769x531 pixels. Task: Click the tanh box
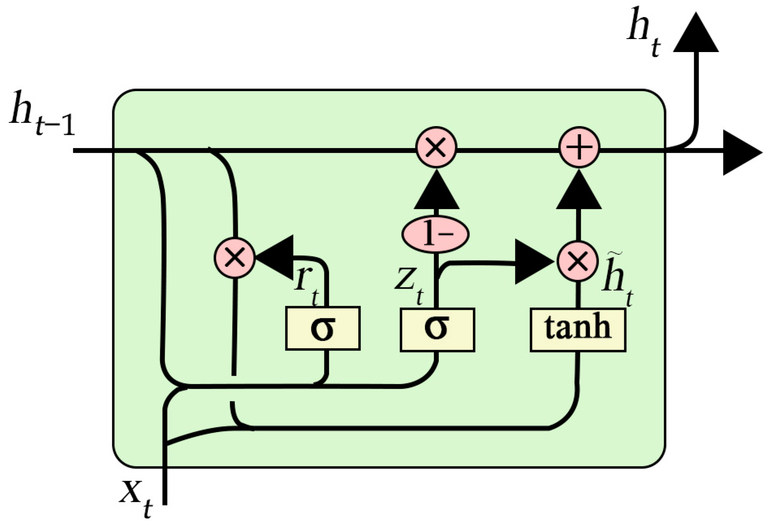pyautogui.click(x=578, y=330)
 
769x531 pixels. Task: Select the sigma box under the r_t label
pyautogui.click(x=323, y=328)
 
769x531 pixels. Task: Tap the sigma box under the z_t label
pyautogui.click(x=437, y=329)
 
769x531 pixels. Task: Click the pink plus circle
pyautogui.click(x=579, y=147)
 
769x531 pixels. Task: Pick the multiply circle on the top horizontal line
pyautogui.click(x=436, y=147)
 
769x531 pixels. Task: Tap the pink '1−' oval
pyautogui.click(x=435, y=234)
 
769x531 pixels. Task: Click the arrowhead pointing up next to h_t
pyautogui.click(x=696, y=35)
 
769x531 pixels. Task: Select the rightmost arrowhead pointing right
pyautogui.click(x=740, y=152)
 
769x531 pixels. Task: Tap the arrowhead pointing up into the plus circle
pyautogui.click(x=578, y=191)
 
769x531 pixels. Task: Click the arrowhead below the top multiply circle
pyautogui.click(x=436, y=191)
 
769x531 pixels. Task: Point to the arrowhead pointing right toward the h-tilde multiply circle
pyautogui.click(x=532, y=262)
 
